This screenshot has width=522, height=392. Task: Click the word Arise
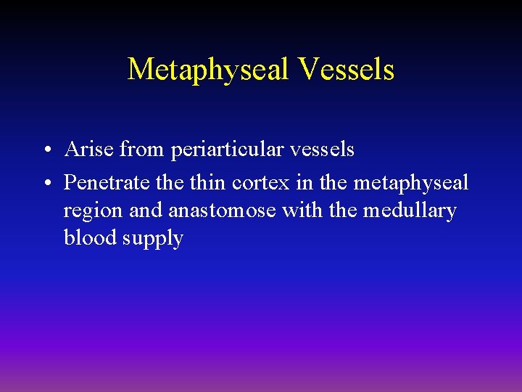click(88, 150)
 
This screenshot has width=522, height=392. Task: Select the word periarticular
click(228, 150)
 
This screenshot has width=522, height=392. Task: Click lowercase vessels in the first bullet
click(323, 150)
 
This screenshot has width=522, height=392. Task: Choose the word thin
click(210, 183)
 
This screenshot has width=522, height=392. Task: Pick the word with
click(307, 211)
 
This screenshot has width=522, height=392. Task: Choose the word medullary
click(410, 211)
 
